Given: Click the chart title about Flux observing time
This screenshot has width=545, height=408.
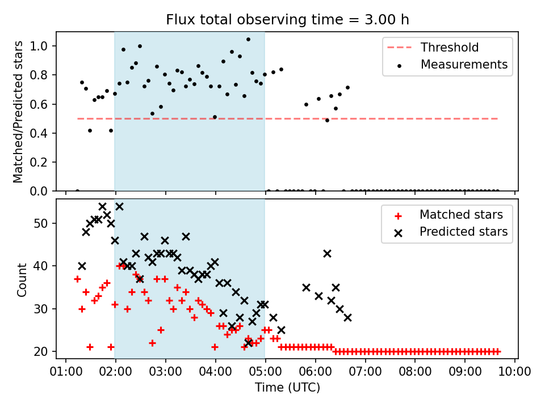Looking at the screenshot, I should [x=287, y=20].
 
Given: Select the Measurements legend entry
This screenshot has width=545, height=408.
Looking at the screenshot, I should [x=464, y=65].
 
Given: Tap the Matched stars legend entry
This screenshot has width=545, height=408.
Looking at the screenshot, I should [x=461, y=215].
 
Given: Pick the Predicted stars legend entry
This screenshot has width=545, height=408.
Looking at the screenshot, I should [x=463, y=232].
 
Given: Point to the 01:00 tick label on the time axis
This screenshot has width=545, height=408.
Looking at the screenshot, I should [x=66, y=372].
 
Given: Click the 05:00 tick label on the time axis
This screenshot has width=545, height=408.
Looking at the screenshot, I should [x=266, y=372].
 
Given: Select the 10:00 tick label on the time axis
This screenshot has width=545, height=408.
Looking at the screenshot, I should [x=515, y=372].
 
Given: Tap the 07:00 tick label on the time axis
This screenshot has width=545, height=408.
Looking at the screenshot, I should [x=366, y=372].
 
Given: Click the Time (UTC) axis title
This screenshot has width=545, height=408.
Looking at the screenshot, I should [x=287, y=388].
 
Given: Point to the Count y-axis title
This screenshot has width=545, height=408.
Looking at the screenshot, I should [x=22, y=279].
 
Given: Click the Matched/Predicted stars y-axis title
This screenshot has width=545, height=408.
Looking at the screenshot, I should [x=19, y=112].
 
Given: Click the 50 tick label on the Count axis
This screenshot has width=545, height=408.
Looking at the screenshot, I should [x=43, y=223].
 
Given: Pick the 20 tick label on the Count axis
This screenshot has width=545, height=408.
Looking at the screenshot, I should [x=43, y=351].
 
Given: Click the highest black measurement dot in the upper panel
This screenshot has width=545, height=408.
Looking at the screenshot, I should [x=248, y=40].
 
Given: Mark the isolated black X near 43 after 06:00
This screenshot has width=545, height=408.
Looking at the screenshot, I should [x=327, y=253].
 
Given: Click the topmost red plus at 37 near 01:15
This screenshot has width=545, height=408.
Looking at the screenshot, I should [x=77, y=279].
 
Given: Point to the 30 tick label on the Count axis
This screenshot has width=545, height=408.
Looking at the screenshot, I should [x=43, y=309].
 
